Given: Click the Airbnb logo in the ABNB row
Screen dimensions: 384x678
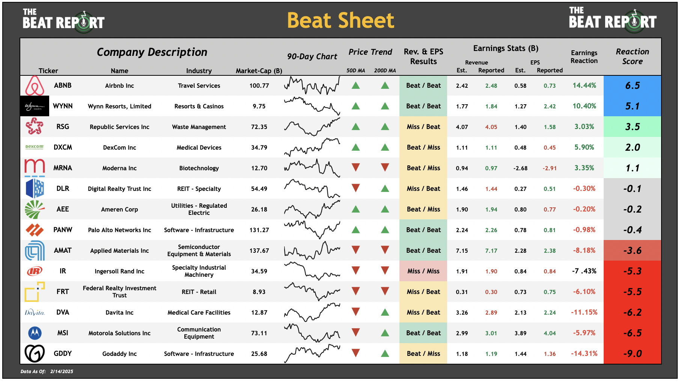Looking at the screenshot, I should click(x=35, y=85).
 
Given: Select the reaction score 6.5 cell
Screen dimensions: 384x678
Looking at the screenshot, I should click(x=632, y=85).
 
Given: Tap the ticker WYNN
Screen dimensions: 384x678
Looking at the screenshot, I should click(x=63, y=106).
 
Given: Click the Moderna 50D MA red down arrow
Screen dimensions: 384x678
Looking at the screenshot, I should click(x=356, y=168).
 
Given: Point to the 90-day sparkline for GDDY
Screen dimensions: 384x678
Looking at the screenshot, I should click(x=312, y=354).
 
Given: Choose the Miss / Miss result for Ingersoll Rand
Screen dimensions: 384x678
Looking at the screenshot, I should click(x=423, y=271).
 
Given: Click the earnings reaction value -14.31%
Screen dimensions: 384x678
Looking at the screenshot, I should click(x=584, y=354).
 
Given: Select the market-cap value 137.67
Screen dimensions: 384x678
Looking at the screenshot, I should click(x=259, y=250).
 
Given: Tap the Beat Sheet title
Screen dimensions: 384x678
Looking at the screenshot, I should click(x=341, y=20).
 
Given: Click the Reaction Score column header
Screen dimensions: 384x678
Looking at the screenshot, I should click(x=632, y=56).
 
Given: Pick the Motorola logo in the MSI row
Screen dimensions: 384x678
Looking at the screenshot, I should click(x=35, y=333).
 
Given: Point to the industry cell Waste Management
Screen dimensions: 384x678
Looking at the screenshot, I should click(x=199, y=127).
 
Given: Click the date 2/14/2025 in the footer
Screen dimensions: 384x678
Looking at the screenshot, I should click(x=62, y=372).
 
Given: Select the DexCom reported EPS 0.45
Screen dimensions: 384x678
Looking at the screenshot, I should click(x=550, y=147).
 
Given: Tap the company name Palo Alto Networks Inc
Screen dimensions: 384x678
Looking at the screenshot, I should click(x=119, y=230).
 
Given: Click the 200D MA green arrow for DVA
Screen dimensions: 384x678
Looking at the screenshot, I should click(x=385, y=312).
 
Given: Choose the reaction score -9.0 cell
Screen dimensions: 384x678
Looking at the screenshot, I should click(x=632, y=354).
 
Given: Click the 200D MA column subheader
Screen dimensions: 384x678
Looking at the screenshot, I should click(x=385, y=70).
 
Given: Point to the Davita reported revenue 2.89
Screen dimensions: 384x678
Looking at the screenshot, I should click(x=491, y=312).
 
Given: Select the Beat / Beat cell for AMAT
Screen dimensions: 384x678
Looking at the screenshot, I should click(x=423, y=250).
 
